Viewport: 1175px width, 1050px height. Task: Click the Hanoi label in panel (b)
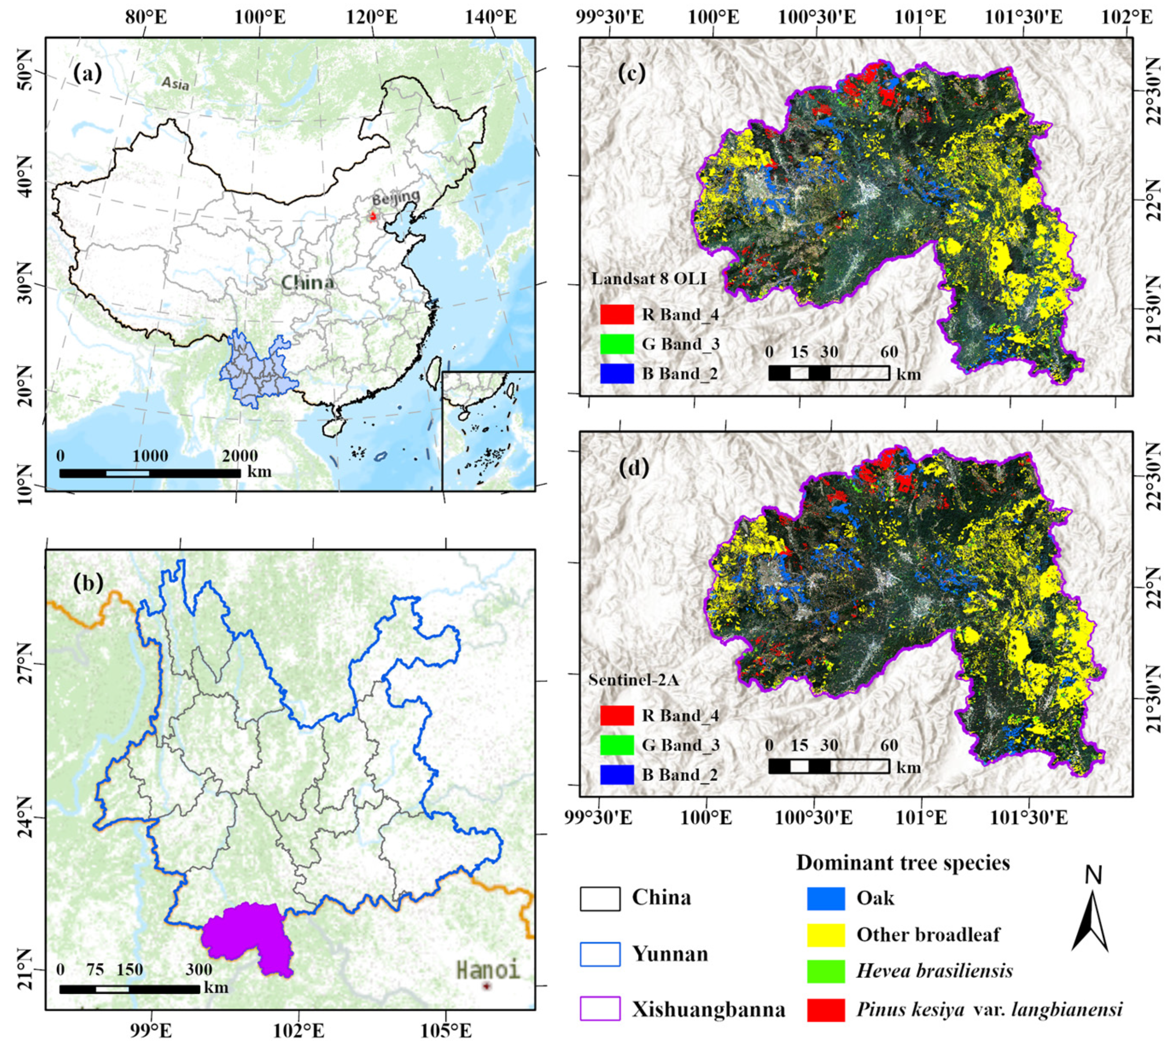click(x=488, y=969)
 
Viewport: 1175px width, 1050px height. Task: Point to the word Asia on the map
click(x=175, y=84)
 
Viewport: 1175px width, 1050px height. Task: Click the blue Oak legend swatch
click(x=825, y=898)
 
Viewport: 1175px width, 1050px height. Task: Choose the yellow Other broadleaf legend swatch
click(x=825, y=935)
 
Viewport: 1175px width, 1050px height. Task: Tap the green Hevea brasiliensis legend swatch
click(x=825, y=971)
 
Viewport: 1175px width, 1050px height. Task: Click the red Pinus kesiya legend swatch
click(x=825, y=1010)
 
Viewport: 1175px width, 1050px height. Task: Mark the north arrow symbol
click(x=1090, y=917)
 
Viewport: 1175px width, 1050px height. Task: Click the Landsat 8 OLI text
click(x=648, y=279)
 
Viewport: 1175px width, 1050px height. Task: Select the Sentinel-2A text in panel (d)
click(x=633, y=680)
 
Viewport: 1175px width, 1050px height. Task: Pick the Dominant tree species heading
click(x=903, y=863)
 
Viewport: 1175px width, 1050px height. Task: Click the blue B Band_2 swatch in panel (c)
click(x=617, y=374)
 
